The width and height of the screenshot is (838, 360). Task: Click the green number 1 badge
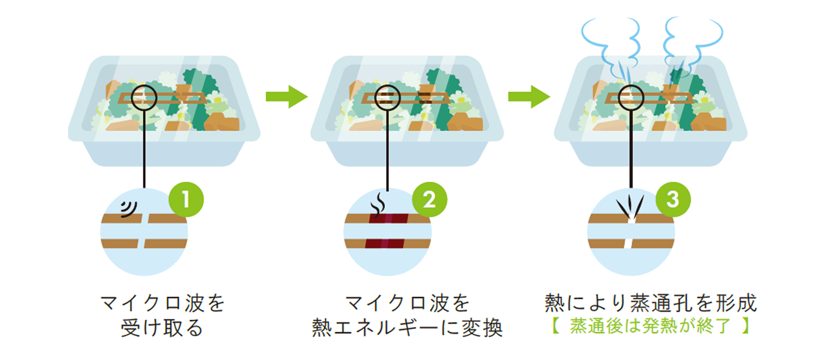[x=186, y=200]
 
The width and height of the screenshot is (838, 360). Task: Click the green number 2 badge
[x=429, y=200]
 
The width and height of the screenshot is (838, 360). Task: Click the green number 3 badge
[x=673, y=200]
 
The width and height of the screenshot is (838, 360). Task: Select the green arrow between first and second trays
[x=286, y=96]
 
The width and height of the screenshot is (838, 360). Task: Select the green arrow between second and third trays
[x=528, y=96]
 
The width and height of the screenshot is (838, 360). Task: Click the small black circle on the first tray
[x=144, y=96]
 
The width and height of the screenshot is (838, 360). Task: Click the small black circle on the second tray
[x=388, y=96]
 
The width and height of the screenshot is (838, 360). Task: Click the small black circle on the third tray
[x=631, y=96]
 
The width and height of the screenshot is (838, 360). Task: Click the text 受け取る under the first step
[x=162, y=328]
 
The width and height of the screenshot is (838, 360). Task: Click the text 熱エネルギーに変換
[x=407, y=328]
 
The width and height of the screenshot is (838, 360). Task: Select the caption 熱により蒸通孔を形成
[x=650, y=303]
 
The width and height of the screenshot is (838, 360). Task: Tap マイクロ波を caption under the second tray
[x=407, y=303]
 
